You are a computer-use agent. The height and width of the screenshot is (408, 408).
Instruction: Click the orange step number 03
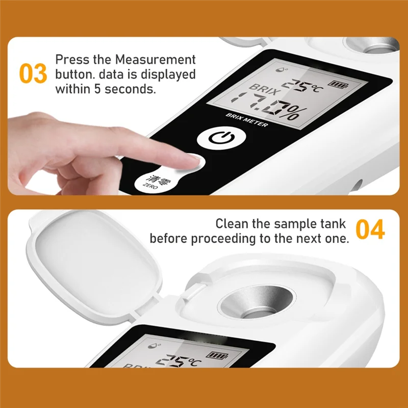click(33, 74)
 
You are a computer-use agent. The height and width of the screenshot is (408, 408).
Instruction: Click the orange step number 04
click(370, 230)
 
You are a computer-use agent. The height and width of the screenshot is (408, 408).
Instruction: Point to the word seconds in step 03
click(134, 89)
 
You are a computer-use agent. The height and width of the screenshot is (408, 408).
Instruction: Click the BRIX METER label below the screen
click(247, 121)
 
